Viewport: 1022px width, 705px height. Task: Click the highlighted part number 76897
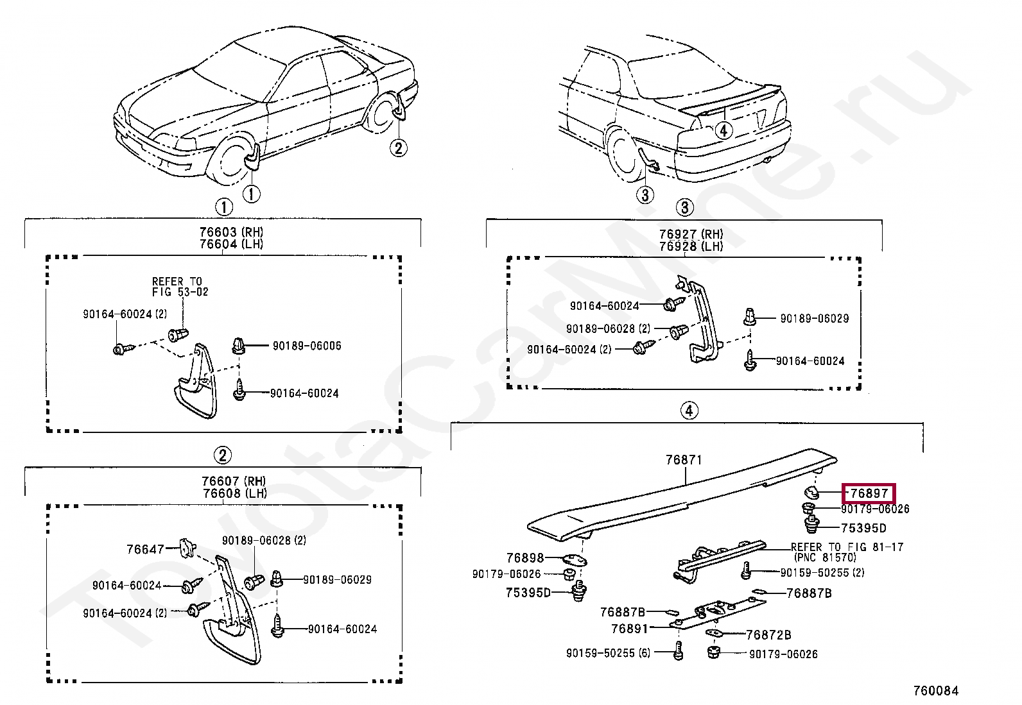point(869,493)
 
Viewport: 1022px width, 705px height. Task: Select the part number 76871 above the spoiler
point(684,460)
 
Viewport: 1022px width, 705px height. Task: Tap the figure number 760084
point(935,691)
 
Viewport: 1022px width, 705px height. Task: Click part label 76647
point(145,549)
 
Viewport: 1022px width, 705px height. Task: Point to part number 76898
point(524,558)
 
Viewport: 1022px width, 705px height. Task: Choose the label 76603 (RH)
point(231,232)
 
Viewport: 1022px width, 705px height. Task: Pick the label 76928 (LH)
point(690,246)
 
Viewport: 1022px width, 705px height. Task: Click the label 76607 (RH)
point(233,481)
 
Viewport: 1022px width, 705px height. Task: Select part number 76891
point(629,629)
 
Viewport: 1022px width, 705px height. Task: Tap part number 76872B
point(768,635)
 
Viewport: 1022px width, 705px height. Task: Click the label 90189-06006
point(307,346)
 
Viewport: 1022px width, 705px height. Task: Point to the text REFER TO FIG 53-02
point(180,287)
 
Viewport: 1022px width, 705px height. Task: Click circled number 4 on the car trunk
point(723,130)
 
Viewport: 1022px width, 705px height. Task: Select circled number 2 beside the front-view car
point(398,148)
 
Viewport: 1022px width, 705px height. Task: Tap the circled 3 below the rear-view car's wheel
point(645,194)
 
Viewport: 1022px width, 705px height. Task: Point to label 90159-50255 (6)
point(608,653)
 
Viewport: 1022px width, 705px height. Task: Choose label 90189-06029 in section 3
point(814,318)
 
